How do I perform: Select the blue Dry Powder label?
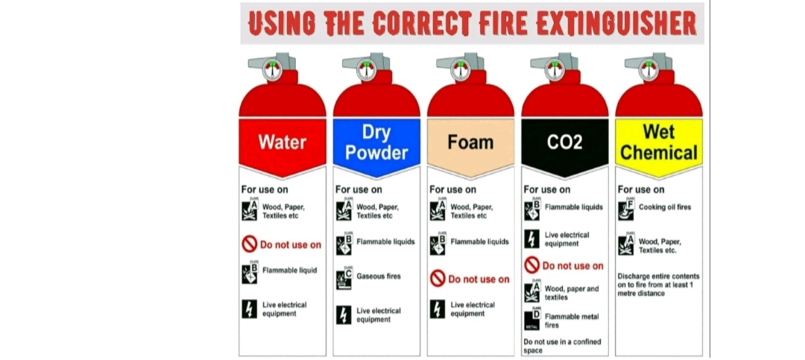(376, 142)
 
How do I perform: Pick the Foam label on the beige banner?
(470, 142)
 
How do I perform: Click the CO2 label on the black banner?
(565, 142)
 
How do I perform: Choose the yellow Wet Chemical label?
(659, 142)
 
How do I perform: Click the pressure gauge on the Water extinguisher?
(272, 70)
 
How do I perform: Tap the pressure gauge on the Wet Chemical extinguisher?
(648, 70)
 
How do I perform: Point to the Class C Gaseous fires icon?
(344, 278)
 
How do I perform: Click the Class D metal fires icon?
(532, 319)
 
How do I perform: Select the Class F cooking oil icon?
(626, 209)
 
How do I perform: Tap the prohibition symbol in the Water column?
(250, 244)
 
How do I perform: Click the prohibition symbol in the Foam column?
(438, 279)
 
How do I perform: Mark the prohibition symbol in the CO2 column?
(532, 265)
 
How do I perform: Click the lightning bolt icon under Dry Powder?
(344, 315)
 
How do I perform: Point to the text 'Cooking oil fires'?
(665, 207)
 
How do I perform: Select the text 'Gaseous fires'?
(379, 277)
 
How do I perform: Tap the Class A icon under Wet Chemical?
(626, 245)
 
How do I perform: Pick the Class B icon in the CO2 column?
(532, 209)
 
